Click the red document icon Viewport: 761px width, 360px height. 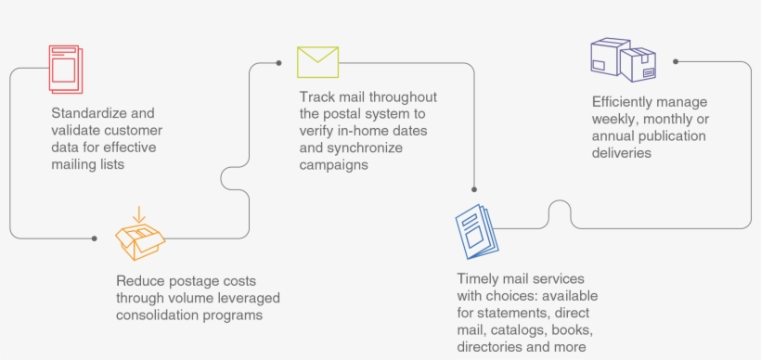point(65,67)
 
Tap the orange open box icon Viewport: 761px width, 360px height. point(140,238)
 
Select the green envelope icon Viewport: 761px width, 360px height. point(317,61)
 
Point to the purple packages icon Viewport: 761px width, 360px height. point(623,60)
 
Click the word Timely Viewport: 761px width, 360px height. point(478,279)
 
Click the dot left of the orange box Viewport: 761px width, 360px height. point(95,238)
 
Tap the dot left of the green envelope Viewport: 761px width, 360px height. point(279,63)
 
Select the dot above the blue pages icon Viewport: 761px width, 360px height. point(474,192)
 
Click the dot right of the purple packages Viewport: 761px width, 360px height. point(676,61)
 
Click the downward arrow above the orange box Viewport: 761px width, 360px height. point(138,215)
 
